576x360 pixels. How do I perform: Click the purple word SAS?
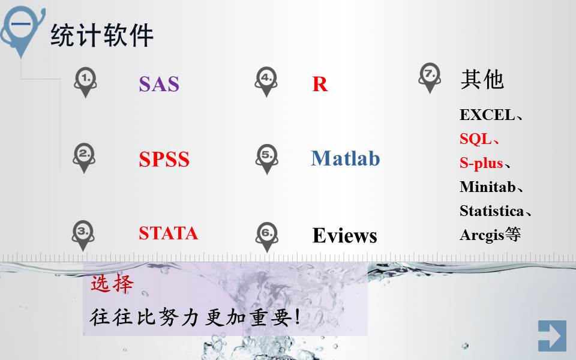point(159,84)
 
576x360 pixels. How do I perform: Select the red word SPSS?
point(164,160)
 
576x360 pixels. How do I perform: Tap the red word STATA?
point(168,233)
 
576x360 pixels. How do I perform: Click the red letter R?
point(320,84)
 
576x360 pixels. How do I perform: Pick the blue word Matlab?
point(346,158)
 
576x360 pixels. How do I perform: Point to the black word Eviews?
point(344,235)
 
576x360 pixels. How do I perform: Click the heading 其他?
point(482,79)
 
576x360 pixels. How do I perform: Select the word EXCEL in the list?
point(487,115)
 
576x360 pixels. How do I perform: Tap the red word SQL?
point(475,139)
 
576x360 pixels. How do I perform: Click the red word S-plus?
point(481,163)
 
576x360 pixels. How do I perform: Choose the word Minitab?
point(487,187)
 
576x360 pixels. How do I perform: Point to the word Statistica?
point(492,211)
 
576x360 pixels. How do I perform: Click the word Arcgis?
point(482,235)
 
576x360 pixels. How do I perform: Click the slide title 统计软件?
point(102,35)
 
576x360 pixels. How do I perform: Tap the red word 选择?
point(112,284)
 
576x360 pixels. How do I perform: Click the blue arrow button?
point(552,335)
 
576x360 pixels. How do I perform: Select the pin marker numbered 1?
point(85,82)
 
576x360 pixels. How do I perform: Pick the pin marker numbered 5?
point(266,158)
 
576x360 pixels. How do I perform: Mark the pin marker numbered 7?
point(430,77)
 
